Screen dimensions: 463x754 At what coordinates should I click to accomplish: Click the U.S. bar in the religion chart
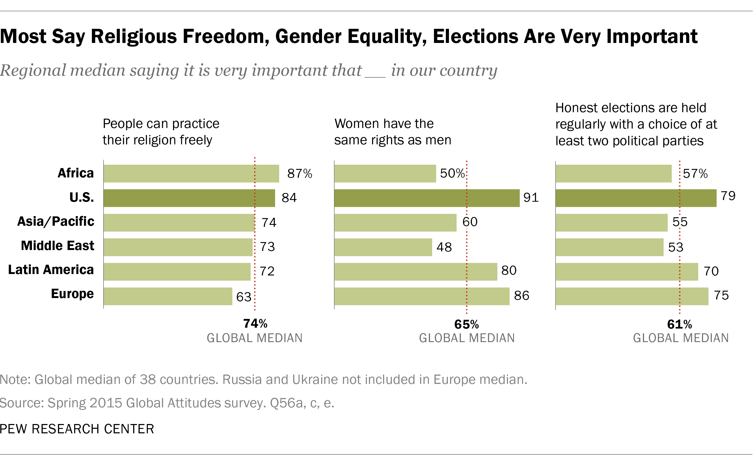pos(189,198)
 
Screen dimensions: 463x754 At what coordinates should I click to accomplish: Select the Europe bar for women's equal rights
pos(422,296)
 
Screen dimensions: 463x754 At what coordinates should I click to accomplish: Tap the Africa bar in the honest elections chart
pos(613,174)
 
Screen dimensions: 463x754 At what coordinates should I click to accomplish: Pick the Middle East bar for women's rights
pos(383,247)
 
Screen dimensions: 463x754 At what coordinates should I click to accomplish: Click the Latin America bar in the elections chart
pos(626,272)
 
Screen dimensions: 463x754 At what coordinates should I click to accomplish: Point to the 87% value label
pos(300,174)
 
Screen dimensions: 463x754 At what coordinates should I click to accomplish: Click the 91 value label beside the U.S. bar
pos(531,197)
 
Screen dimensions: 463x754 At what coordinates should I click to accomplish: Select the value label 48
pos(444,247)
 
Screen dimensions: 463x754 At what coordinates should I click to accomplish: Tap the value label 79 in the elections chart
pos(728,196)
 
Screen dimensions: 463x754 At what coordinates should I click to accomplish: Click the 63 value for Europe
pos(244,297)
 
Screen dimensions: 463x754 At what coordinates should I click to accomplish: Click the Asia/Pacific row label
pos(55,221)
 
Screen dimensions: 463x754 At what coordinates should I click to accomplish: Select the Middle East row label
pos(57,245)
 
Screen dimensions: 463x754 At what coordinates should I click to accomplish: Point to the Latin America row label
pos(51,270)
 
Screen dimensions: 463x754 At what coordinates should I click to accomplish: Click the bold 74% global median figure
pos(255,324)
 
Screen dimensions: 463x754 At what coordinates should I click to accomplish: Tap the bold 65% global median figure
pos(466,325)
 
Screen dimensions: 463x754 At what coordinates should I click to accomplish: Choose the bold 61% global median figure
pos(679,325)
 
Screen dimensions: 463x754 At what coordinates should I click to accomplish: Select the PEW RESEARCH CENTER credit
pos(77,429)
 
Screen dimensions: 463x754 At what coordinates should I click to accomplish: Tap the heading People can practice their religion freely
pos(161,132)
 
